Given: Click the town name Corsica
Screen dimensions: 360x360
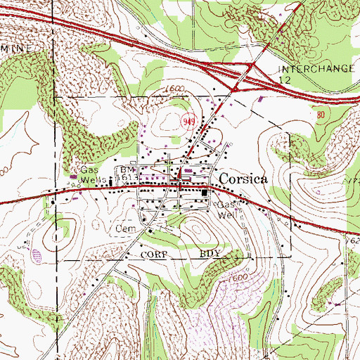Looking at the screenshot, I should tap(243, 179).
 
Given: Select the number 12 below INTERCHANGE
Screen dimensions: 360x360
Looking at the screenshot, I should tap(285, 81).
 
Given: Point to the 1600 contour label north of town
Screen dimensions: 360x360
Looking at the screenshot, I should tap(172, 89).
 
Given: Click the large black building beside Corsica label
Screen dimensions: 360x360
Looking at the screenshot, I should tap(205, 193).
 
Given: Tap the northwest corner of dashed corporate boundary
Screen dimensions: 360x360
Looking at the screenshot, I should tap(54, 95).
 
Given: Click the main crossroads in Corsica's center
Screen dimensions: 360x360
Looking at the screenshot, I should tap(181, 185).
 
